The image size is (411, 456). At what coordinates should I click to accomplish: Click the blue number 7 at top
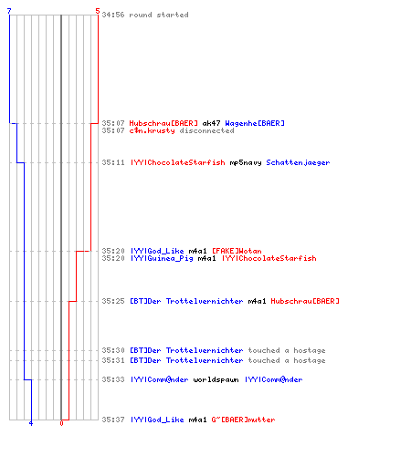tap(9, 11)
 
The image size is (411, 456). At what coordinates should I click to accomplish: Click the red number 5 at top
tap(98, 11)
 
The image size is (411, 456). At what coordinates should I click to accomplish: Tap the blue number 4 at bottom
tap(31, 423)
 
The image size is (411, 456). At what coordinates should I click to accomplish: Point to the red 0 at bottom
tap(61, 423)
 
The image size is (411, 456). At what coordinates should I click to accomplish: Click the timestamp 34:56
tap(113, 15)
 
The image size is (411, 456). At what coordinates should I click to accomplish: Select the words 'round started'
tap(159, 15)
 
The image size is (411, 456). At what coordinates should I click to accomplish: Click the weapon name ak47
tap(211, 123)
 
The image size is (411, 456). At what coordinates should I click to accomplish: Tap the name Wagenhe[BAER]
tap(255, 123)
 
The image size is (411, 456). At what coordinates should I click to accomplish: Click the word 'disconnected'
tap(206, 130)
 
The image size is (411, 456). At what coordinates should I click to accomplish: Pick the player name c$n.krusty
tap(153, 130)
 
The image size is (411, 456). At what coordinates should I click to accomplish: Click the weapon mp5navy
tap(246, 162)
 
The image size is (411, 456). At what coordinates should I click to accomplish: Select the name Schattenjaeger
tap(298, 162)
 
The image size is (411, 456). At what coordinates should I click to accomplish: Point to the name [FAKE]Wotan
tap(237, 251)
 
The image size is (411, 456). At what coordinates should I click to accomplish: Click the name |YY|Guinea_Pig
tap(162, 258)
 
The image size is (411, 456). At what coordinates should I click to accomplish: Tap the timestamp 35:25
tap(113, 301)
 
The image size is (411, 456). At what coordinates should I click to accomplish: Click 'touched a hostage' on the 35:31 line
tap(287, 360)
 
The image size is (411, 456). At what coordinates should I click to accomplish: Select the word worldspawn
tap(216, 379)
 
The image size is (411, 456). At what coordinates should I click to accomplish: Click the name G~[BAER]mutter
tap(243, 420)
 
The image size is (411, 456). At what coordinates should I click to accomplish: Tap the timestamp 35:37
tap(113, 420)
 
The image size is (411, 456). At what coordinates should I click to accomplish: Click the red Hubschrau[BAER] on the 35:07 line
tap(163, 123)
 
